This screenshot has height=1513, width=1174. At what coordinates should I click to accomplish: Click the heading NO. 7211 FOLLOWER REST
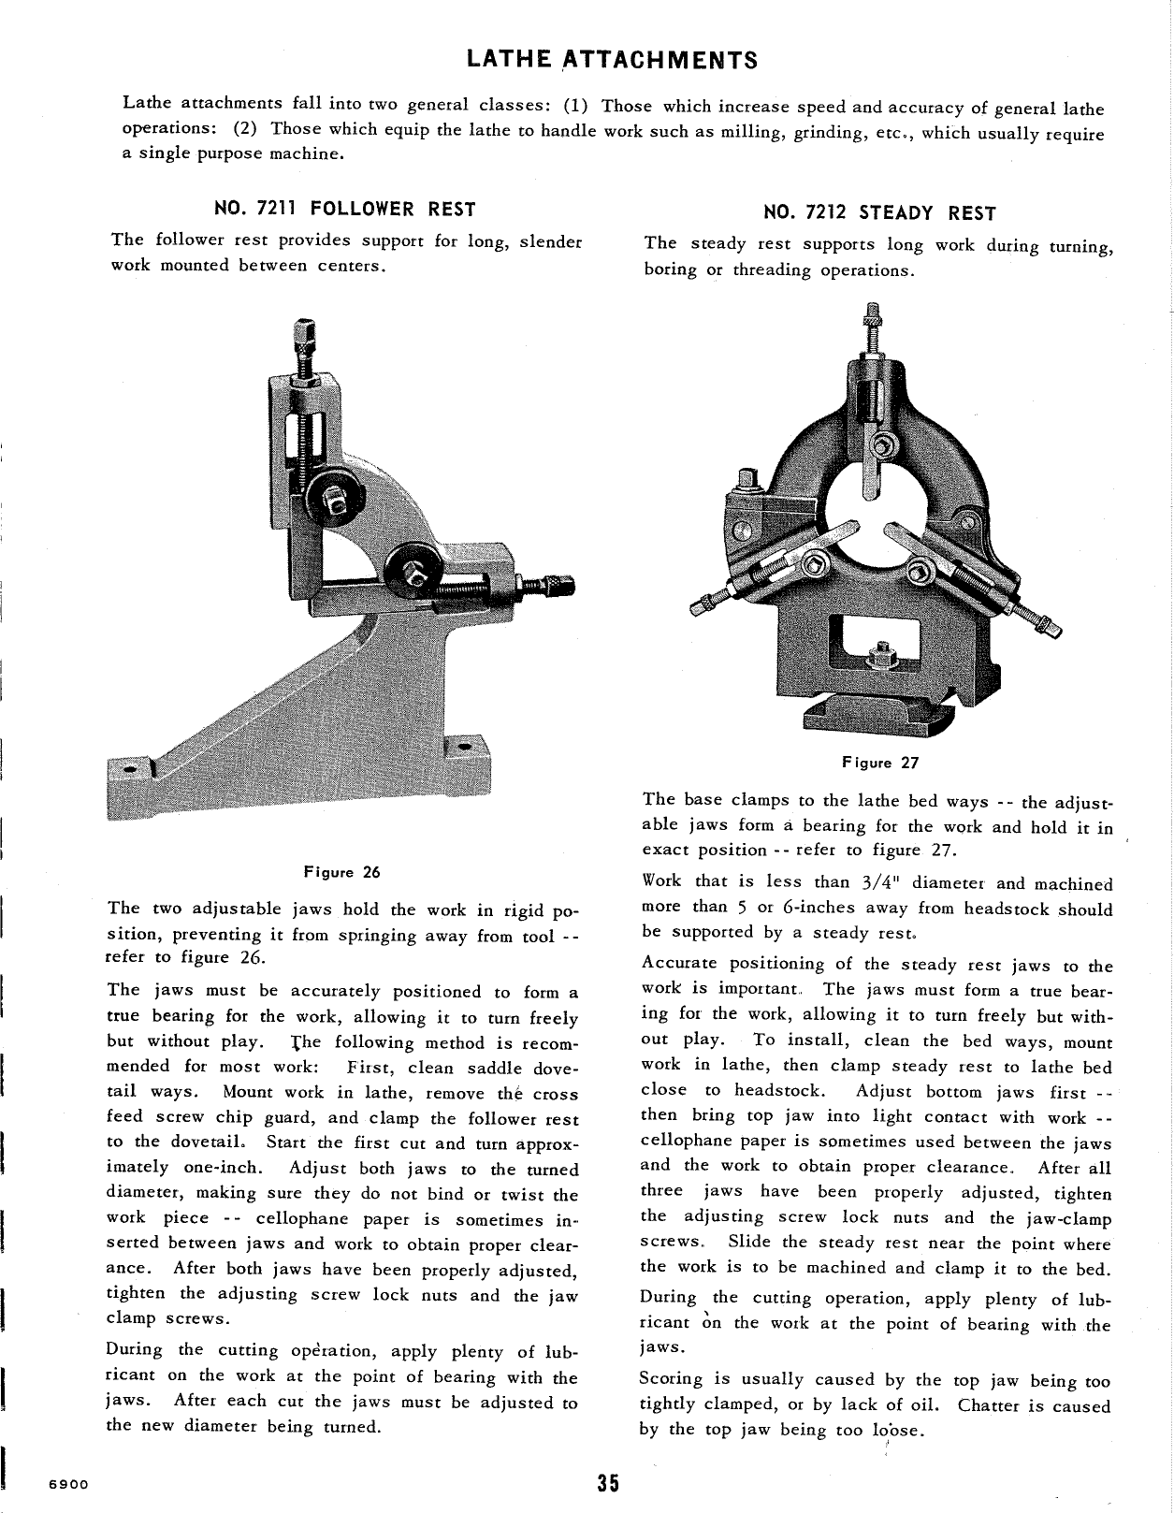pyautogui.click(x=345, y=209)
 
